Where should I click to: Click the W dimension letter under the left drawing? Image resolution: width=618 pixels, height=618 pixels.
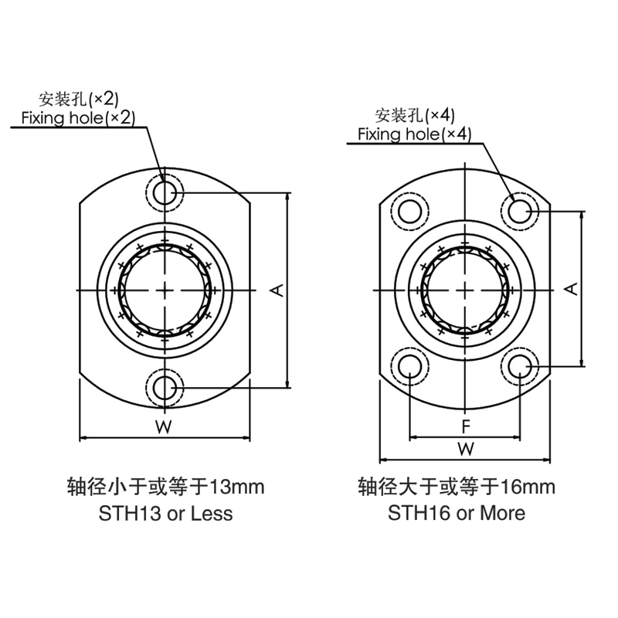coord(164,426)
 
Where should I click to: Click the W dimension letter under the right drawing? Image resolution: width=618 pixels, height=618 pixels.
coord(466,449)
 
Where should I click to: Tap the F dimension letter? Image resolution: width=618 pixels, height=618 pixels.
coord(466,426)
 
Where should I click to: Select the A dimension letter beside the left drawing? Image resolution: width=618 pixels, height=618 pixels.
coord(277,290)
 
